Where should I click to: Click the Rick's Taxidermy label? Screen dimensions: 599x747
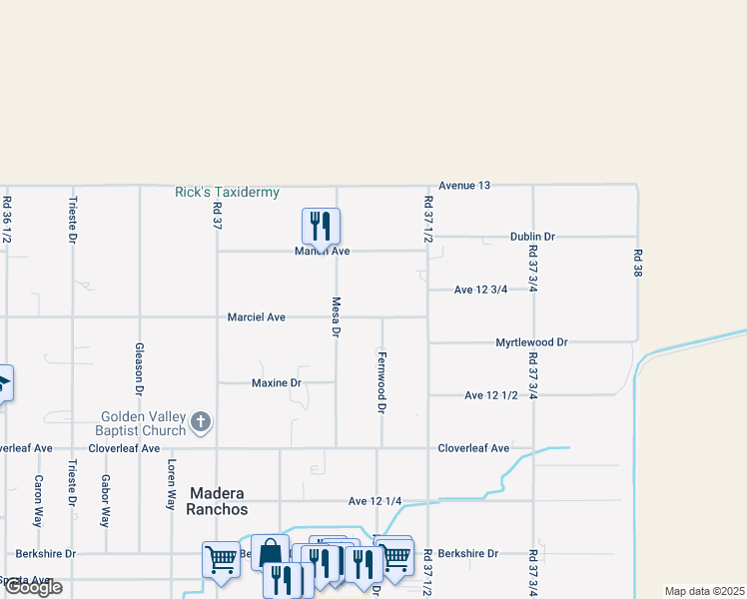click(227, 192)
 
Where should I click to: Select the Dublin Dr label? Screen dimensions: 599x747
click(531, 237)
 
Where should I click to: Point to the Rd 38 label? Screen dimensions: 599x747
click(636, 263)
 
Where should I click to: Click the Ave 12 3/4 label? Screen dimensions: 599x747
click(480, 290)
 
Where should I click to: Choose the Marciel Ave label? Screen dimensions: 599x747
click(257, 317)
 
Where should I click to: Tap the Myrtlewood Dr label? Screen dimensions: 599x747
click(531, 342)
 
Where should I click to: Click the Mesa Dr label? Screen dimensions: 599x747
click(337, 314)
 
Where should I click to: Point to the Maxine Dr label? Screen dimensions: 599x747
click(277, 382)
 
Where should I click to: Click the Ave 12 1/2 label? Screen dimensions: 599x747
click(491, 395)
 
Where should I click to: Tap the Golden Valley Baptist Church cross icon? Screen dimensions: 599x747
click(201, 421)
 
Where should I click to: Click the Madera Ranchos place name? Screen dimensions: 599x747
click(218, 501)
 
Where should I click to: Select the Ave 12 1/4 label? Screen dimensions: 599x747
click(375, 501)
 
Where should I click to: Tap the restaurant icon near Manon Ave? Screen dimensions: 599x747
click(321, 226)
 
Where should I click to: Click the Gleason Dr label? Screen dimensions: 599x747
click(139, 367)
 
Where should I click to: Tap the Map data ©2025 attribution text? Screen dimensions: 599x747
click(704, 591)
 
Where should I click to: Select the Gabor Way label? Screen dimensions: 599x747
click(105, 500)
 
